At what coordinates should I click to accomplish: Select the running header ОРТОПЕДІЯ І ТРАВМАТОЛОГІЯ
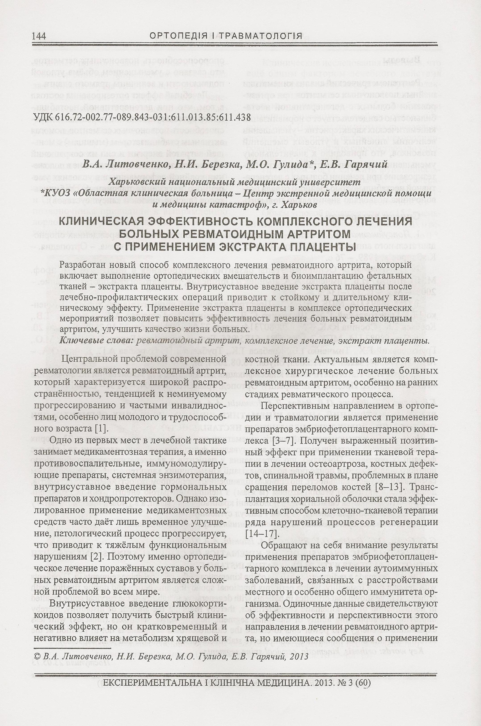(x=226, y=36)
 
